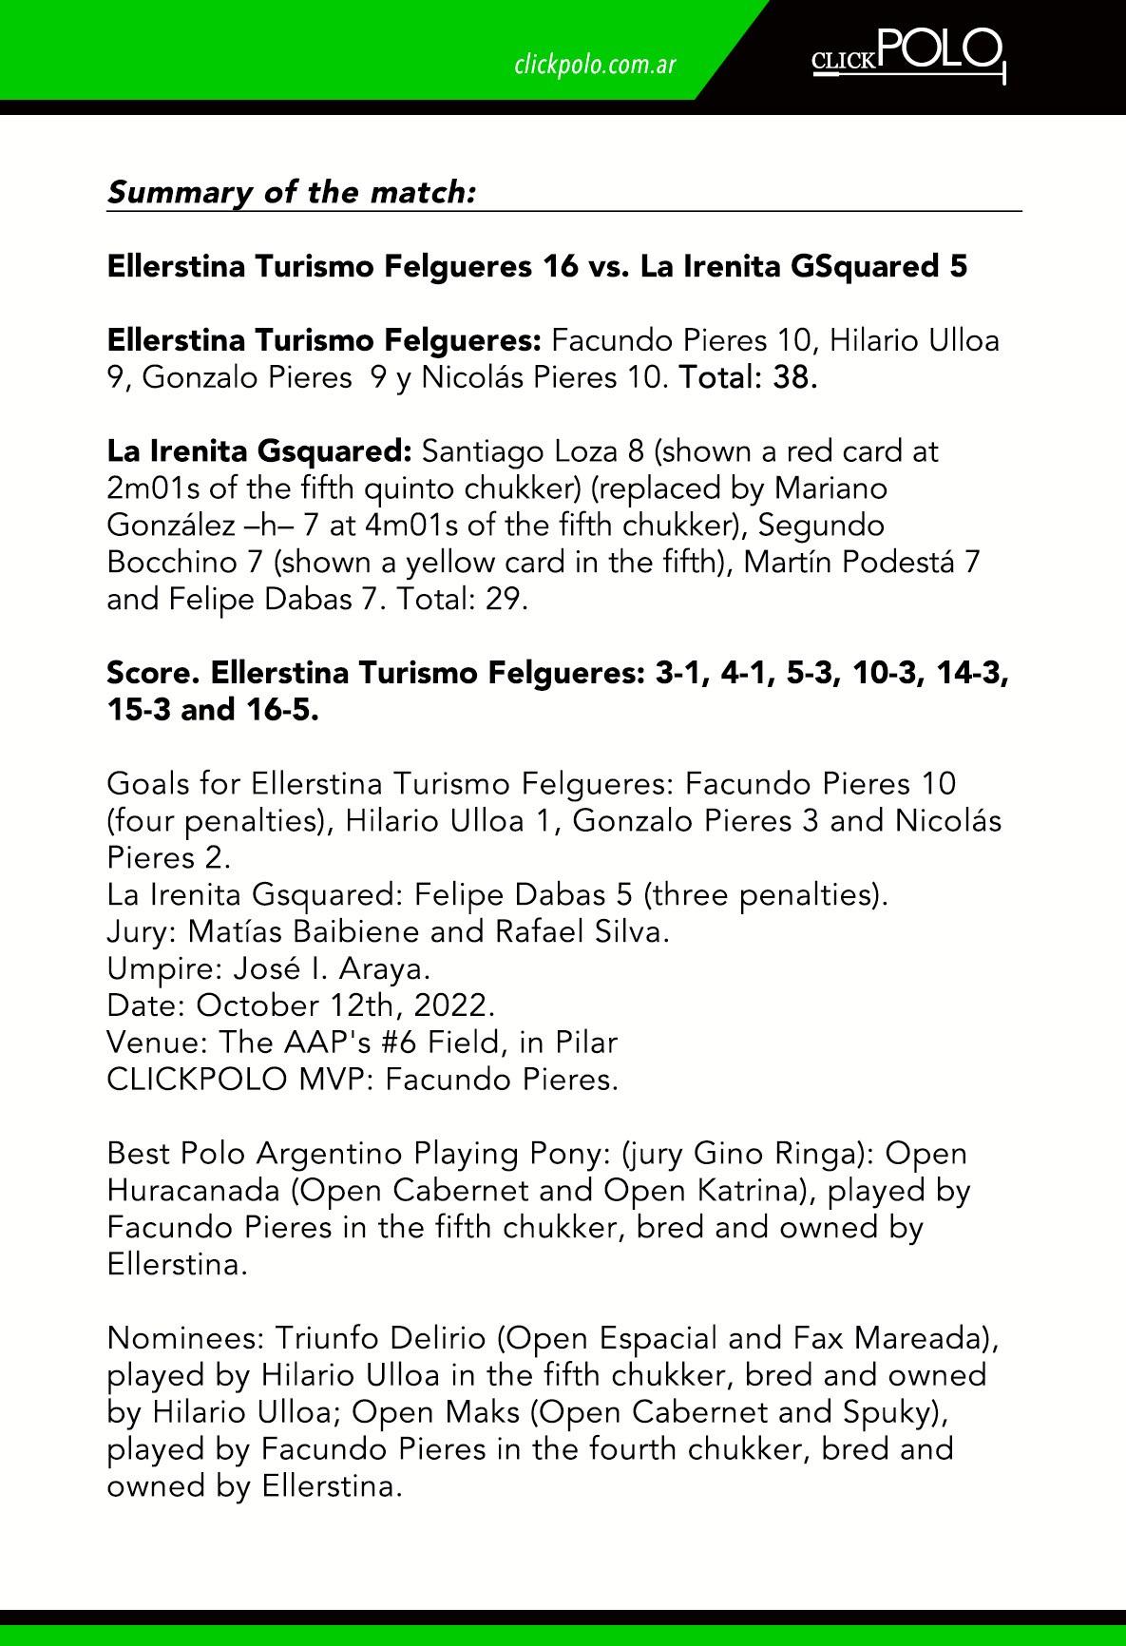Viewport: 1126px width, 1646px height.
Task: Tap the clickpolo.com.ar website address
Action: pyautogui.click(x=595, y=65)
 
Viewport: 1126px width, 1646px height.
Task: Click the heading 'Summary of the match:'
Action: pyautogui.click(x=291, y=192)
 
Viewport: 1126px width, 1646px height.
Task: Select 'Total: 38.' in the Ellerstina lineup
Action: pyautogui.click(x=747, y=377)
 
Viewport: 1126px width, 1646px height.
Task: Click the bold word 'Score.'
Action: pyautogui.click(x=153, y=673)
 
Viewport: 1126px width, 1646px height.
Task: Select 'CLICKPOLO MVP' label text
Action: pyautogui.click(x=237, y=1080)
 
